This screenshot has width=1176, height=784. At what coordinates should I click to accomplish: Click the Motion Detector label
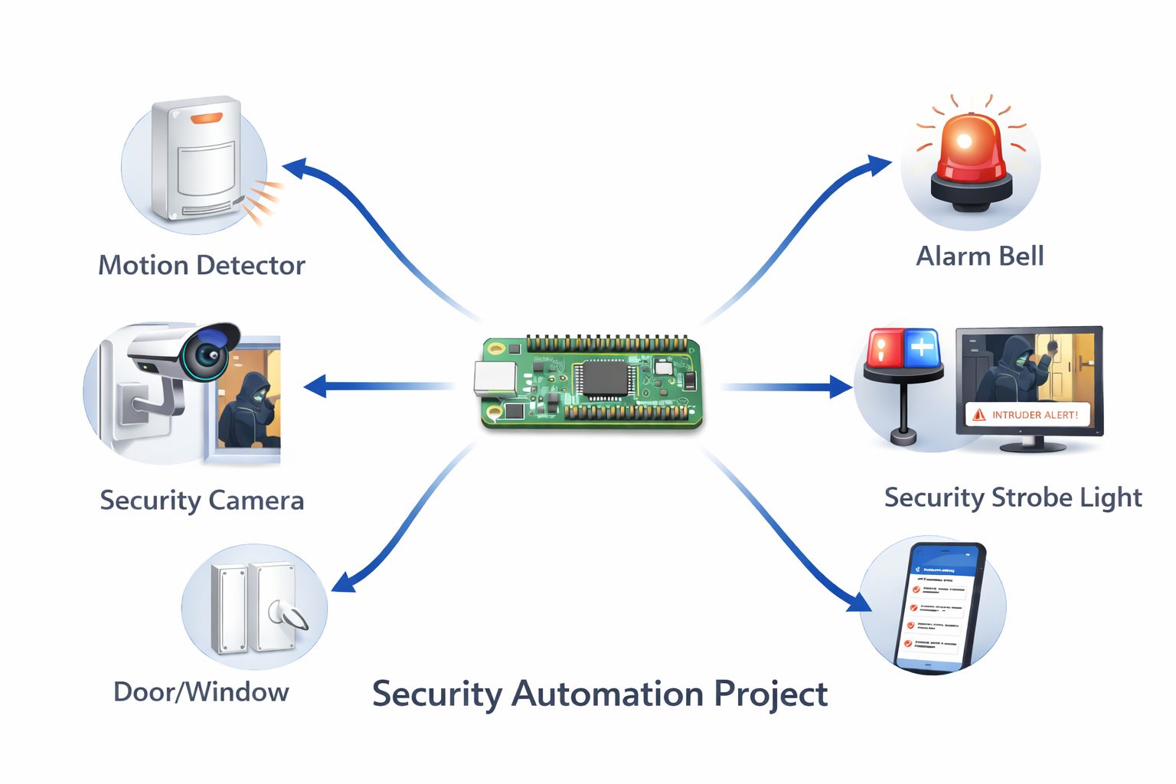(x=201, y=265)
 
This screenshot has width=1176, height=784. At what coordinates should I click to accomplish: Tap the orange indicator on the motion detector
(x=206, y=118)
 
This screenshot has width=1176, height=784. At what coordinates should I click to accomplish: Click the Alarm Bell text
(x=979, y=256)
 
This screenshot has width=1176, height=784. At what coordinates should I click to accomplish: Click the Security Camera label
(x=201, y=500)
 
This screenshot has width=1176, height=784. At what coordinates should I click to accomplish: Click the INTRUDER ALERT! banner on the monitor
(x=1027, y=414)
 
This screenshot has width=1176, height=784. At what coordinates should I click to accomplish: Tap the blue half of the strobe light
(x=922, y=348)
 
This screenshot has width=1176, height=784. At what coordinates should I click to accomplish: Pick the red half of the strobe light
(x=884, y=348)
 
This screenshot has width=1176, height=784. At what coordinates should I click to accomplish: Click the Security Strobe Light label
(x=1012, y=498)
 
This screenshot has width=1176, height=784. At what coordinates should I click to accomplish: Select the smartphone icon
(x=939, y=606)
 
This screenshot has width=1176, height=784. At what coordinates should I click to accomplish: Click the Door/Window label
(x=201, y=692)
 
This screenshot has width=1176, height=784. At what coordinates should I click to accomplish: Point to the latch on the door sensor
(x=288, y=614)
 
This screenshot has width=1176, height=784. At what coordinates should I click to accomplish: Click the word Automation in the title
(x=608, y=694)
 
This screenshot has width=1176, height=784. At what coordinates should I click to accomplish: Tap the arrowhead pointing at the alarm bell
(x=877, y=164)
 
